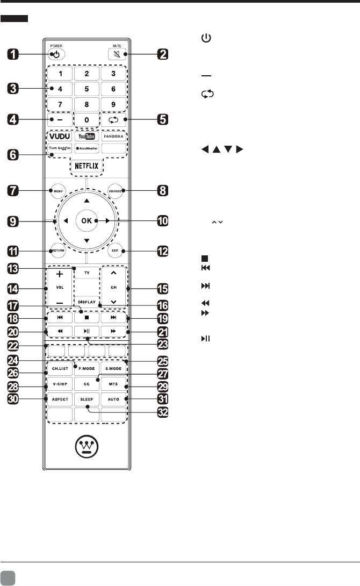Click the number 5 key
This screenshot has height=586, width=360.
pos(87,88)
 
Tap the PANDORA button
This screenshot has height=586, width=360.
pos(113,136)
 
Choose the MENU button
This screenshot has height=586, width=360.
pos(56,190)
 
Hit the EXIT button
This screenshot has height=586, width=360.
pos(117,250)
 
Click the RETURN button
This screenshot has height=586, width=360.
pos(56,250)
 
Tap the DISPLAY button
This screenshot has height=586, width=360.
pos(86,302)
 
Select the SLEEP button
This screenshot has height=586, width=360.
pos(87,399)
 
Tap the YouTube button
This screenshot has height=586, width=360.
pos(87,136)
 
